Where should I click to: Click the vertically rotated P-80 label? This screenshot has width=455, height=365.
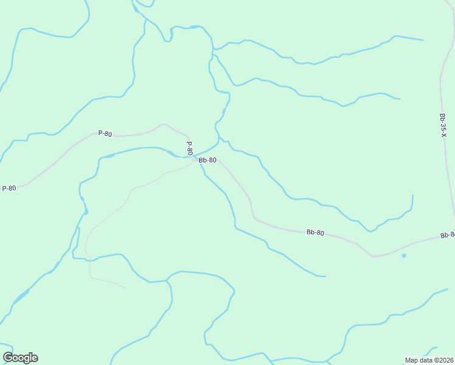(x=189, y=148)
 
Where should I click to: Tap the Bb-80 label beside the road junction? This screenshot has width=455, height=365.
(x=207, y=160)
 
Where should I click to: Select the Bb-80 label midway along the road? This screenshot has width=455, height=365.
(x=315, y=232)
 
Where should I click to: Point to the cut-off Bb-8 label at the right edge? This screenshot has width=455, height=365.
(x=447, y=235)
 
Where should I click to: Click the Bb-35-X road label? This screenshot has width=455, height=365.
(x=443, y=124)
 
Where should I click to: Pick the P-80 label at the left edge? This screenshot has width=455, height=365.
(x=9, y=188)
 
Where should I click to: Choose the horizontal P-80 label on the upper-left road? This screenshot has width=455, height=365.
(x=105, y=133)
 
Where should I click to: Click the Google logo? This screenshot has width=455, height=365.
(x=20, y=358)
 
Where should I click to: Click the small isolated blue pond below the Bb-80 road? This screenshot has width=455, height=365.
(x=403, y=255)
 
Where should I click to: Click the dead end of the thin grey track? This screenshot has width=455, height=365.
(x=127, y=288)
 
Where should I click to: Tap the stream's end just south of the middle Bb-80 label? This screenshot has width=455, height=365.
(x=325, y=276)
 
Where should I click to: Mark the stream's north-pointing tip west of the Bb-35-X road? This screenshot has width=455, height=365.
(x=413, y=195)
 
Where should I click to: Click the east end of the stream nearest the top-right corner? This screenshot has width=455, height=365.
(x=423, y=41)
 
